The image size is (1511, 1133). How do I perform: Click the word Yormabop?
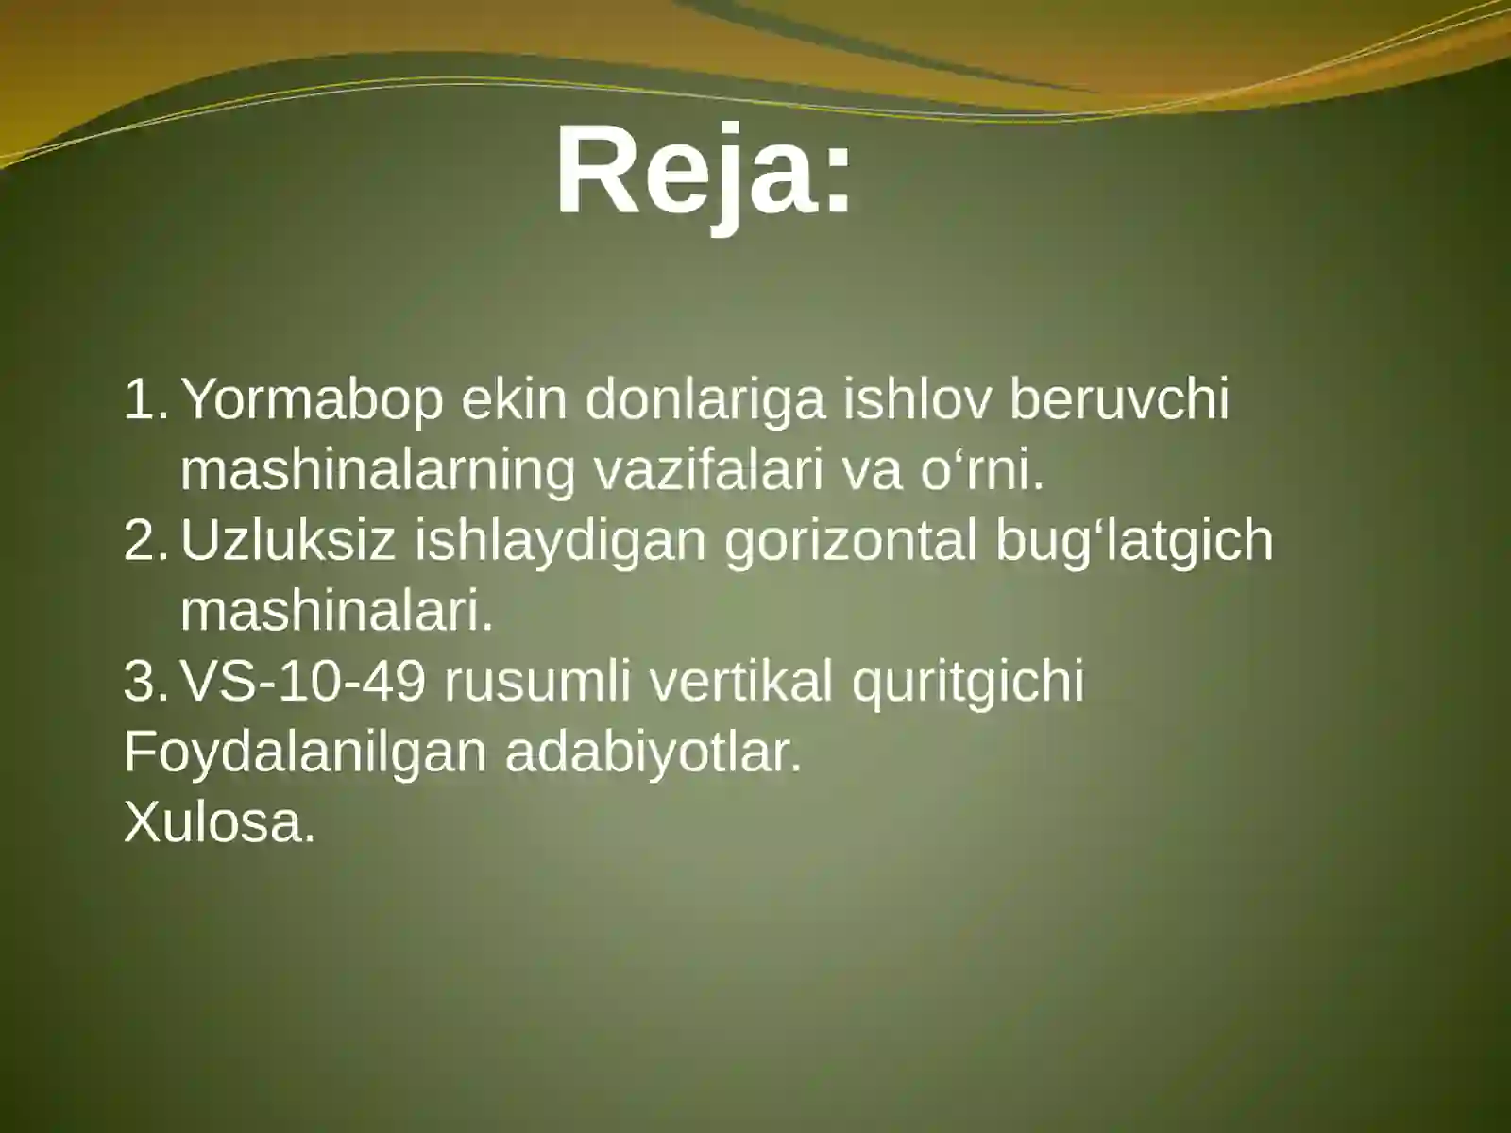[x=312, y=400]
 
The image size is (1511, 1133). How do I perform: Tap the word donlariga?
[x=705, y=400]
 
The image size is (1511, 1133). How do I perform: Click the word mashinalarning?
[x=378, y=471]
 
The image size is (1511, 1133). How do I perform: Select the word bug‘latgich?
[x=1134, y=540]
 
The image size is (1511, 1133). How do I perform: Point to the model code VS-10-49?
[x=302, y=681]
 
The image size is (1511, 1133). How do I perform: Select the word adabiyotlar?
[x=653, y=753]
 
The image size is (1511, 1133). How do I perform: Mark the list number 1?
[x=142, y=400]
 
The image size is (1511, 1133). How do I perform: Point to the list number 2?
[x=142, y=540]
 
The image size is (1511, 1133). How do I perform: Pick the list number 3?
[x=142, y=681]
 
